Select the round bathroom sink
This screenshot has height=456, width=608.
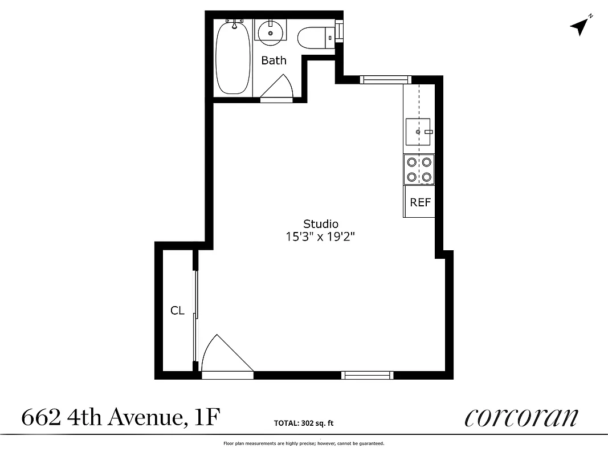[x=271, y=32]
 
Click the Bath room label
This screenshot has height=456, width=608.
[x=274, y=60]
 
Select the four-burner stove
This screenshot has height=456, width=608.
[x=419, y=169]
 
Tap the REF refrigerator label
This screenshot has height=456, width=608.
[x=420, y=202]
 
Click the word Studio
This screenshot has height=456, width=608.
[x=321, y=224]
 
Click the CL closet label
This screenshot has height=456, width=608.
[x=177, y=311]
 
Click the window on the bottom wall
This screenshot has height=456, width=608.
[x=368, y=374]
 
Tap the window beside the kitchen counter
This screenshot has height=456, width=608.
[x=386, y=79]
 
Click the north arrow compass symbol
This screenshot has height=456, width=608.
[x=581, y=26]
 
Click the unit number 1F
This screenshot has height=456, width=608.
[x=206, y=418]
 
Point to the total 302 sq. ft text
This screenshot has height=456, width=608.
[x=304, y=423]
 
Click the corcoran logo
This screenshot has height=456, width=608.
[x=521, y=417]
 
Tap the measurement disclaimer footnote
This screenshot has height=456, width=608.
[x=304, y=443]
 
